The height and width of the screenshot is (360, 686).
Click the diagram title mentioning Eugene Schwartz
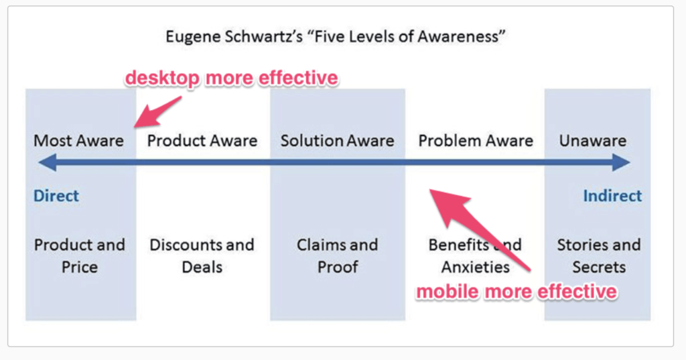click(x=336, y=37)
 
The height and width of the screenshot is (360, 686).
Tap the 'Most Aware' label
click(x=79, y=141)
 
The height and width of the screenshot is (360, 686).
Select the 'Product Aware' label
click(x=202, y=141)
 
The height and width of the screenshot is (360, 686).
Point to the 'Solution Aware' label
click(x=338, y=141)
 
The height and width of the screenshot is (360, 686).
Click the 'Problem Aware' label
click(x=476, y=141)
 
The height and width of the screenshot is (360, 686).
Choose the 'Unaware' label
click(x=593, y=141)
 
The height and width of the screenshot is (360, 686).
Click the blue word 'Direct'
click(x=56, y=196)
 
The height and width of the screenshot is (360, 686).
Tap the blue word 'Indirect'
click(x=612, y=196)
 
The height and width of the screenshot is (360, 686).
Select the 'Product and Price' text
click(x=80, y=256)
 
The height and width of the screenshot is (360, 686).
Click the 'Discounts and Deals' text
click(x=202, y=256)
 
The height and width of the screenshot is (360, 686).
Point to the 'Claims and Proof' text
click(x=338, y=256)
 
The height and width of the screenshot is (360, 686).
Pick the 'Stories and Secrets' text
click(x=599, y=256)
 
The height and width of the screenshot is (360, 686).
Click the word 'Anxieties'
click(x=476, y=267)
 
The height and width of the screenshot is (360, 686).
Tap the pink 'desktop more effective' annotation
click(x=231, y=78)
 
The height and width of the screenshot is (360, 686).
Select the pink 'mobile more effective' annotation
click(x=517, y=292)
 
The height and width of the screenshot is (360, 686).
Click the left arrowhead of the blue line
click(x=48, y=162)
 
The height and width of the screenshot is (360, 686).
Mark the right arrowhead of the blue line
click(x=621, y=162)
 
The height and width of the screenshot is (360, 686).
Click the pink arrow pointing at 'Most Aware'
click(x=157, y=112)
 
